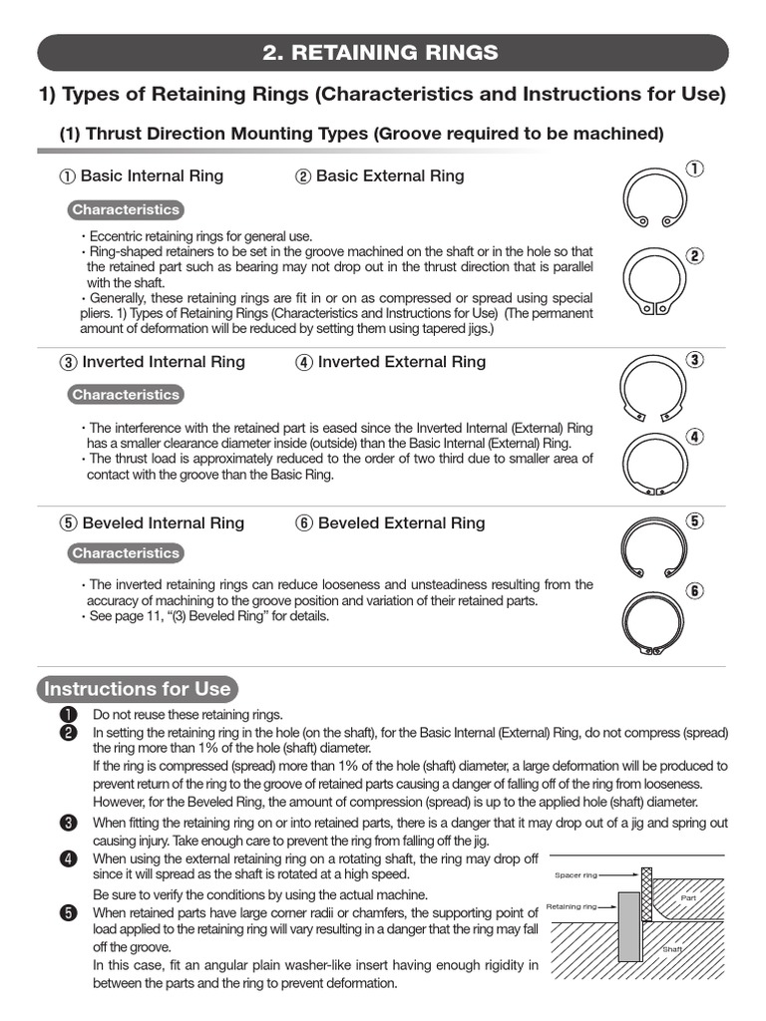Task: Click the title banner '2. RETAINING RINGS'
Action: tap(383, 53)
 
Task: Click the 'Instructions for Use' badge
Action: tap(136, 689)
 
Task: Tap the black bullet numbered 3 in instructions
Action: tap(68, 823)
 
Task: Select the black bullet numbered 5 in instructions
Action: tap(68, 912)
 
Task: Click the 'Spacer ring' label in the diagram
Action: tap(575, 874)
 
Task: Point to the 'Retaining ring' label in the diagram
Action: tap(573, 907)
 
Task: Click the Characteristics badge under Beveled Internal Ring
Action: tap(126, 553)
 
